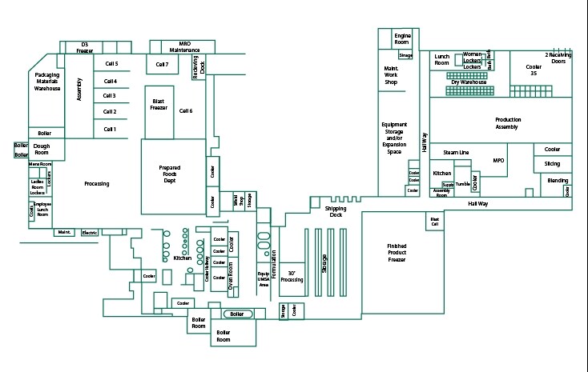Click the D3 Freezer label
(85, 47)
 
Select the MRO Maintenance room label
(184, 47)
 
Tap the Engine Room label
(402, 38)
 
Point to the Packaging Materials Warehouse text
(47, 82)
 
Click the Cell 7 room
(163, 64)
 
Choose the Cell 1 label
(110, 129)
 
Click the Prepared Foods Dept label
(174, 171)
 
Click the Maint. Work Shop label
(392, 76)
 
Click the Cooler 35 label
(533, 70)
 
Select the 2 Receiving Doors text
(559, 58)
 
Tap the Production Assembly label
(507, 123)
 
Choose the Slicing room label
(552, 164)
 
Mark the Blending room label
(558, 181)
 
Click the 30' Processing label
(292, 276)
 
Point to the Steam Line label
(456, 152)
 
